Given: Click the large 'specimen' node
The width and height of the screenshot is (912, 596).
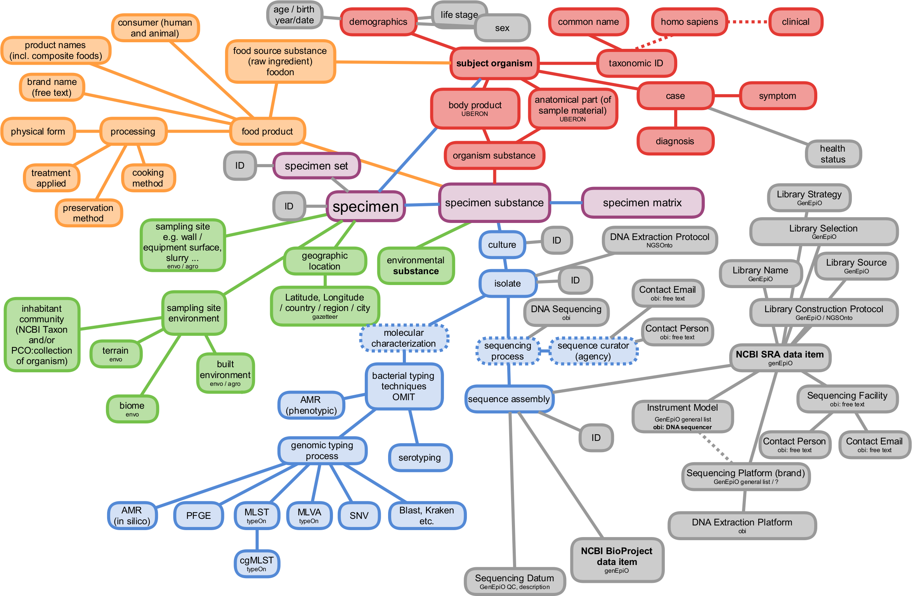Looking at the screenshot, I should (366, 207).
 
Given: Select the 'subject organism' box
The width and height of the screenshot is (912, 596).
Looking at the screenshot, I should (494, 63).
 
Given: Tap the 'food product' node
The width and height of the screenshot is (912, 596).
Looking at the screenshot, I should (267, 131).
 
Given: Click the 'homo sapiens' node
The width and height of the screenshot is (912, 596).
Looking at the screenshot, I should (689, 22).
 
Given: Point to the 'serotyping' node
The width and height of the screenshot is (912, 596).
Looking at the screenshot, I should (420, 458).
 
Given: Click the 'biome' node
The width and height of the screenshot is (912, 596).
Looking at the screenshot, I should (132, 409).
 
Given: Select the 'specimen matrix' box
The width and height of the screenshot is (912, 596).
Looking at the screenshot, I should (642, 203).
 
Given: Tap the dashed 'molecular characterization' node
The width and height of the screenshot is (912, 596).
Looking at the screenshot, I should (404, 338).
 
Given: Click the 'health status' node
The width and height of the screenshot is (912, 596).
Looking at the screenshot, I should (833, 154).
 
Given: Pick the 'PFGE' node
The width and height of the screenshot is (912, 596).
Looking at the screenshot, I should (198, 516).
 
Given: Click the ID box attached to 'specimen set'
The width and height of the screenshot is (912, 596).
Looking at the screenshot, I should (240, 166).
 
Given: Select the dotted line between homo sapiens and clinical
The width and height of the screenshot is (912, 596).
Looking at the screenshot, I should (748, 22).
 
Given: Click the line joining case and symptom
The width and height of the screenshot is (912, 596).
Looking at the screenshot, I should (726, 95).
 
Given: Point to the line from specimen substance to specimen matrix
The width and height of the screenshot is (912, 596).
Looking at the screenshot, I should (566, 202).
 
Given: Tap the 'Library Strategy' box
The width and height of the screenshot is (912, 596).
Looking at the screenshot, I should (809, 197).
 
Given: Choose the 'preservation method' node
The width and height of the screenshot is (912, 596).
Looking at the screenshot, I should (88, 213).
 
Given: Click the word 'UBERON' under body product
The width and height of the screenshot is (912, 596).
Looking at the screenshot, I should (475, 114).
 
